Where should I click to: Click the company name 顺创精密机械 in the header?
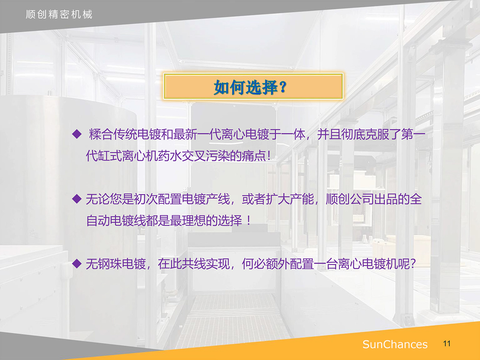pyautogui.click(x=59, y=14)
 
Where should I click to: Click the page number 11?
pyautogui.click(x=447, y=344)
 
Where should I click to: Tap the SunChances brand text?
pyautogui.click(x=395, y=344)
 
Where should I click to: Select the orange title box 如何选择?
pyautogui.click(x=253, y=86)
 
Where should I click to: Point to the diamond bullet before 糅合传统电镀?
pyautogui.click(x=77, y=134)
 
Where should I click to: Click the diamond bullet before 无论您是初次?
pyautogui.click(x=77, y=199)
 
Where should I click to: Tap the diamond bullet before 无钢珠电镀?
pyautogui.click(x=77, y=264)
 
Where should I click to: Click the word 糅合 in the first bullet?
pyautogui.click(x=101, y=134)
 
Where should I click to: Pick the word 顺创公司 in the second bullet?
pyautogui.click(x=350, y=199)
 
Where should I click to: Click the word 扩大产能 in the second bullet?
pyautogui.click(x=290, y=199)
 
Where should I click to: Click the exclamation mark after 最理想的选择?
pyautogui.click(x=248, y=220)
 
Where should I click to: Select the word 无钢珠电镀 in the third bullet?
pyautogui.click(x=116, y=264)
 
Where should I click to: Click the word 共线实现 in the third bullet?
pyautogui.click(x=206, y=264)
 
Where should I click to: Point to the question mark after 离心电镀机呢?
pyautogui.click(x=413, y=264)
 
